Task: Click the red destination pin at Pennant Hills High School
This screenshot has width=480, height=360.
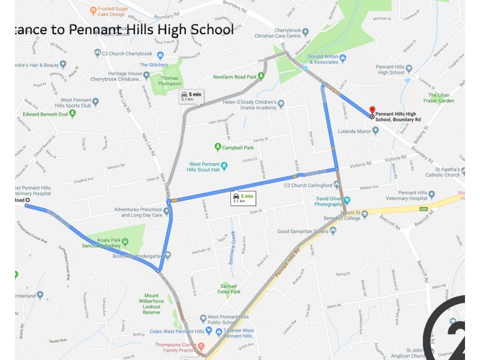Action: (372, 111)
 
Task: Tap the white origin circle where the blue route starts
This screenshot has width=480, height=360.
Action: (26, 205)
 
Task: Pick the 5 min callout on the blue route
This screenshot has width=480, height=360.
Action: (239, 197)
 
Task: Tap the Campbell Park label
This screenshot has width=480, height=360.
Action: (238, 147)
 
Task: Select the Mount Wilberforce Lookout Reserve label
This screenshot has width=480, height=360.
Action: (152, 304)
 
